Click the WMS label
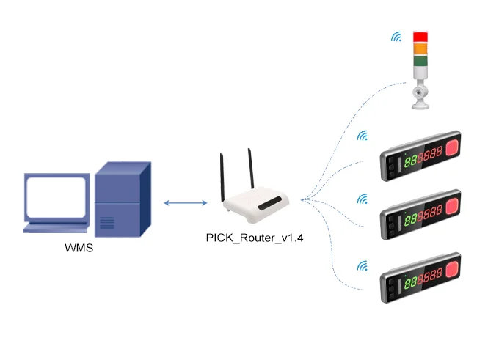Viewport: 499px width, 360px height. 79,248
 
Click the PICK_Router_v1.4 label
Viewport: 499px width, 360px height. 255,238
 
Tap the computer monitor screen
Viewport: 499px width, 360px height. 56,196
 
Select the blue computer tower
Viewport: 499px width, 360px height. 123,199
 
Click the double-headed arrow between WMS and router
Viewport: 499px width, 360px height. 185,202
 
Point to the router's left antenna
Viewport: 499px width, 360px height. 222,177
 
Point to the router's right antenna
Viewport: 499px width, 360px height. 251,169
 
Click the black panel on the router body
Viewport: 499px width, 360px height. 270,204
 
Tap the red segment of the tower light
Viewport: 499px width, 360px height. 420,37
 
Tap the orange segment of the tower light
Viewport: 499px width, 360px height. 420,48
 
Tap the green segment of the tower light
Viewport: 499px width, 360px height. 420,61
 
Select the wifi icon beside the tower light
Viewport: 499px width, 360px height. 396,37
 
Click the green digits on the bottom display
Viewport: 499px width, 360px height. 410,282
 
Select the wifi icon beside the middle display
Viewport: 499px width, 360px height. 363,199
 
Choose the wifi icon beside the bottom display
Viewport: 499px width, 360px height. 363,266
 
